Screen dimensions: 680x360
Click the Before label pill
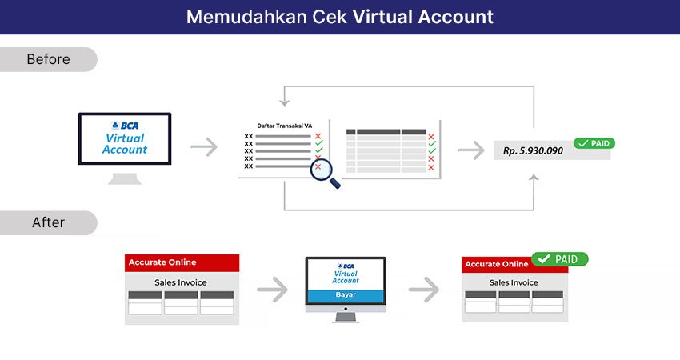pos(48,59)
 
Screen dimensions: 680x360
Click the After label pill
pos(48,223)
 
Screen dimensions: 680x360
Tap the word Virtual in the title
pos(382,17)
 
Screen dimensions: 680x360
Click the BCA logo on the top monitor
pos(125,126)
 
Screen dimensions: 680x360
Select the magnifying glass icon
pos(324,173)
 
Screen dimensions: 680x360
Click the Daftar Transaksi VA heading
pos(285,126)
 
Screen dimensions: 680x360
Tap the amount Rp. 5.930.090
pos(533,151)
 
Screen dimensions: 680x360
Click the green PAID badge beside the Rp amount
pos(594,143)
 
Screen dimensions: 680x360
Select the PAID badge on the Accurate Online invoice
pos(560,259)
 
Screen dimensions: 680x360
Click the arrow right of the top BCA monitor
pos(204,147)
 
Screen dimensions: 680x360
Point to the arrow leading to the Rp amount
pos(471,150)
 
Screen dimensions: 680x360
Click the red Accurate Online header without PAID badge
pos(182,263)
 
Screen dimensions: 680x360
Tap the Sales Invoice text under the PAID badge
pos(514,282)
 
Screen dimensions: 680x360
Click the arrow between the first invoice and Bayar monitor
pos(272,289)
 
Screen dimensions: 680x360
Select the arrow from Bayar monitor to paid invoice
pos(424,289)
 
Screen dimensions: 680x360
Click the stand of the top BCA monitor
pos(125,178)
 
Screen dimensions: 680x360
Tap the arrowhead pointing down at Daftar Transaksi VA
pos(285,103)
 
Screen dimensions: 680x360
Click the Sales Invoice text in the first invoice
pos(181,282)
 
